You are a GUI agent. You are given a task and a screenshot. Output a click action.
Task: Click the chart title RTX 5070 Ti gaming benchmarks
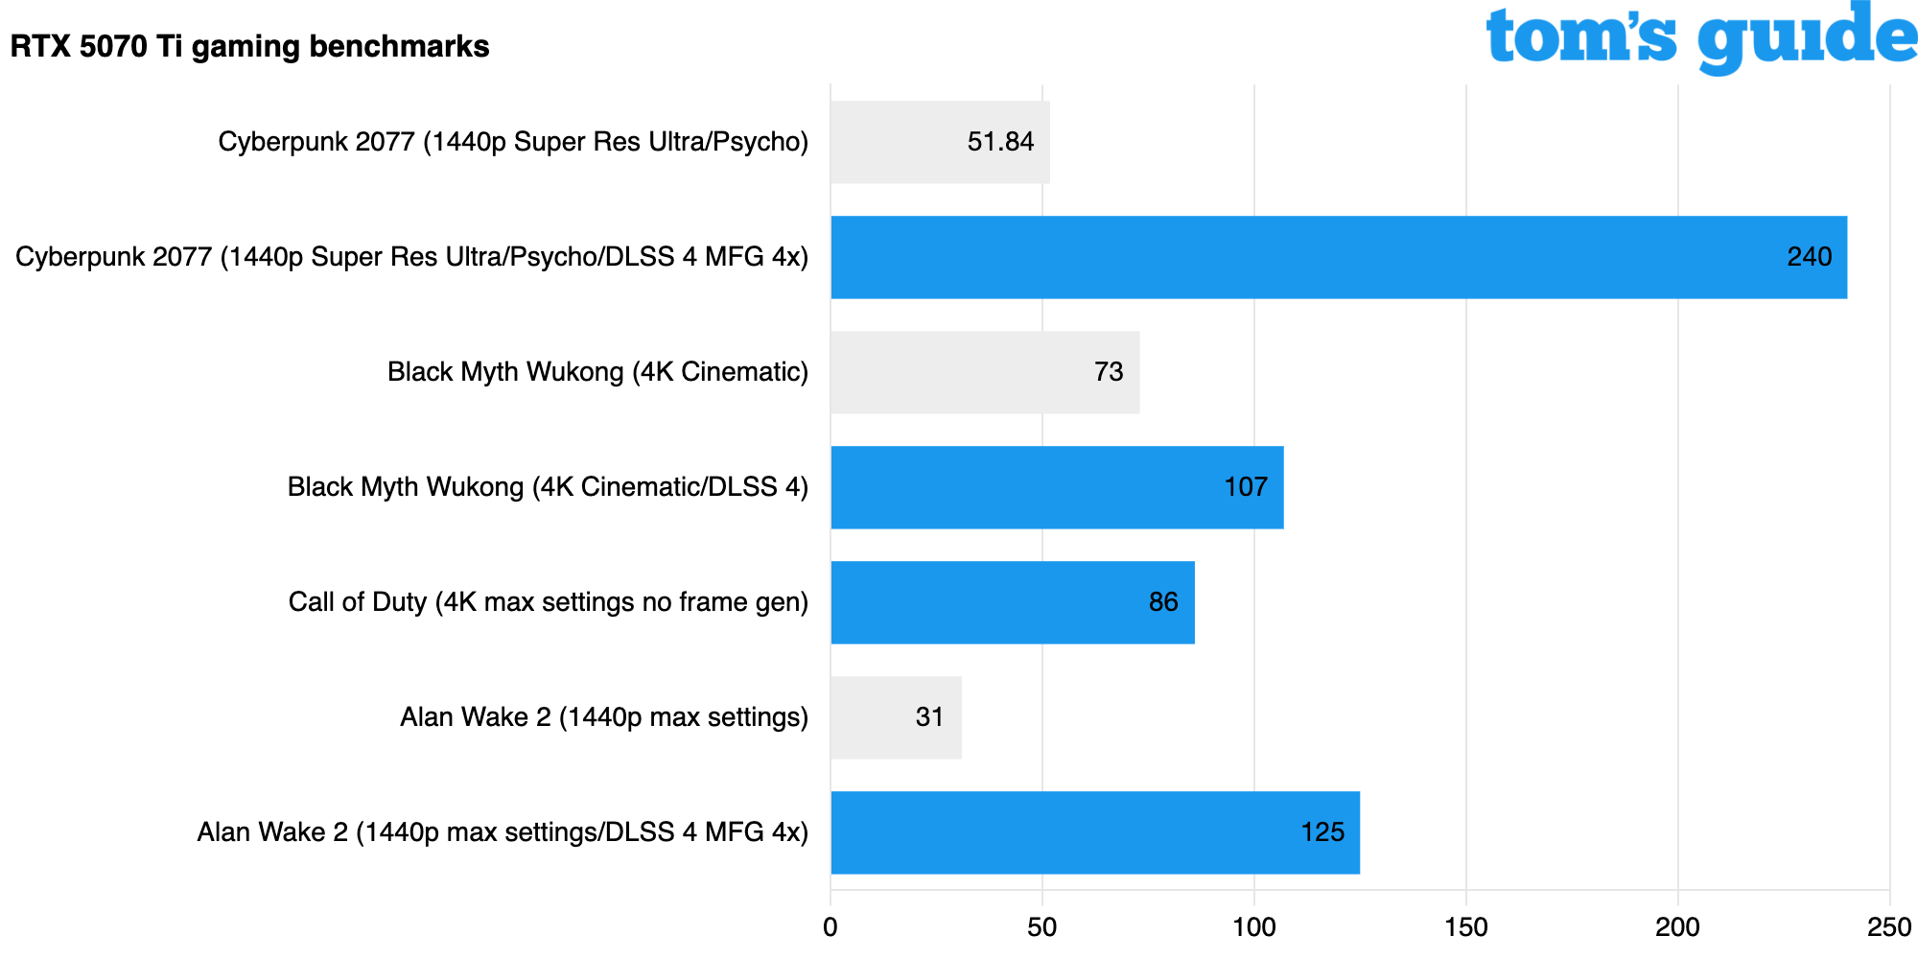(249, 46)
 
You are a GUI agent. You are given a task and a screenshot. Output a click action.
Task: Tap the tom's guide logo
(1699, 38)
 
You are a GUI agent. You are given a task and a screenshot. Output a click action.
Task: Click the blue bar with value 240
(1338, 257)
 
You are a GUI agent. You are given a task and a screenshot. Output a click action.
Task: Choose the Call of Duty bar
(1012, 602)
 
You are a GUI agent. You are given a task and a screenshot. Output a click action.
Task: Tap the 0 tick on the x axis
(830, 927)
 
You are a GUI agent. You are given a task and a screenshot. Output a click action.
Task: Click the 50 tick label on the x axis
(1042, 927)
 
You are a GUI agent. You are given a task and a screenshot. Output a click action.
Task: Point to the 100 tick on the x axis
(1254, 927)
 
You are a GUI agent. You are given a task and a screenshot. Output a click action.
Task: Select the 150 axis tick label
(1466, 927)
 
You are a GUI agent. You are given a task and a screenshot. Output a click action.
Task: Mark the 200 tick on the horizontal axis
(1678, 927)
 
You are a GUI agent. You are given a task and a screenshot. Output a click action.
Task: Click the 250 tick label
(1889, 927)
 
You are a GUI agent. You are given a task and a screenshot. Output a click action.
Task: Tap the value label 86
(1163, 602)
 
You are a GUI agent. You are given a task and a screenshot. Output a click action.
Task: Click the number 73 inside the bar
(1109, 372)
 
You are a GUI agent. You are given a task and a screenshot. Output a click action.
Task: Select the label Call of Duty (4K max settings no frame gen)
(549, 602)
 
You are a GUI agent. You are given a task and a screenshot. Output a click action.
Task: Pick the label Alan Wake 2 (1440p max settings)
(604, 717)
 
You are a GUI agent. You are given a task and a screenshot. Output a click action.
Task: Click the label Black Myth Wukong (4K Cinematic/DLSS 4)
(548, 487)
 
